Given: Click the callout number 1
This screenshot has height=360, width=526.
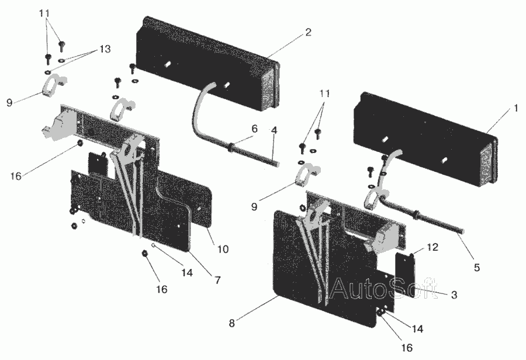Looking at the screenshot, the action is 516,108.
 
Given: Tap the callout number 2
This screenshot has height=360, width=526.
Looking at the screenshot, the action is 308,32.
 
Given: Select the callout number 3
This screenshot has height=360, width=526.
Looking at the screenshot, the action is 454,295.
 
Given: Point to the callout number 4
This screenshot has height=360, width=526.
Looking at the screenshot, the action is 275,130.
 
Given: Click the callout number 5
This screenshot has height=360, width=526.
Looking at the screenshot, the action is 476,268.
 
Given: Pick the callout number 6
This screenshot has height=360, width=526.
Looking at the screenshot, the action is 255,129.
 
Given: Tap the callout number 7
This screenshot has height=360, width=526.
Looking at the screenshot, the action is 218,280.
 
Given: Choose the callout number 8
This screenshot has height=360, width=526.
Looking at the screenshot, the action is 232,323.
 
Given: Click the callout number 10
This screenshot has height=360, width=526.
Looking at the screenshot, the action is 223,250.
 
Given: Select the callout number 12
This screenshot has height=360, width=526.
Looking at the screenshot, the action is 432,247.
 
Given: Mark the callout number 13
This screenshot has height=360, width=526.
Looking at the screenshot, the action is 105,49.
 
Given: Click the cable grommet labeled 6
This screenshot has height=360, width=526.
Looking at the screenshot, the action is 230,147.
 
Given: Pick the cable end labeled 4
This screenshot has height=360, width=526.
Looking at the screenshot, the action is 273,162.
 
